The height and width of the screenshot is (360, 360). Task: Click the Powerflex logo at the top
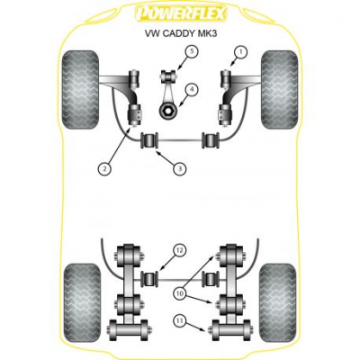click(181, 13)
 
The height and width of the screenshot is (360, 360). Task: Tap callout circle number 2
click(104, 169)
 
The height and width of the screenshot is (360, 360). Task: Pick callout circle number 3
click(180, 169)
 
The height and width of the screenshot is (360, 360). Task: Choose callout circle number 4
click(192, 89)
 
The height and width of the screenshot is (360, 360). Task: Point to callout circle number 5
click(192, 52)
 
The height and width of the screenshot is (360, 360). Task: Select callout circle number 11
click(179, 321)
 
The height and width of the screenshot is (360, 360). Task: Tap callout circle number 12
click(179, 250)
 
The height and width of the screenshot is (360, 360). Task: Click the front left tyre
click(80, 90)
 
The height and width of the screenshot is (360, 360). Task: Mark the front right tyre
click(280, 90)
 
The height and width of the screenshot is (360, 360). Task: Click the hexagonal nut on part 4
click(166, 111)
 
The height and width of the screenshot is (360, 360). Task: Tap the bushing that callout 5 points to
click(168, 76)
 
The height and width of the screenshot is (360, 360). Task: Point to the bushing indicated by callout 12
click(150, 278)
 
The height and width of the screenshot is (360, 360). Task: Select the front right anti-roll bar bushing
click(211, 139)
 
